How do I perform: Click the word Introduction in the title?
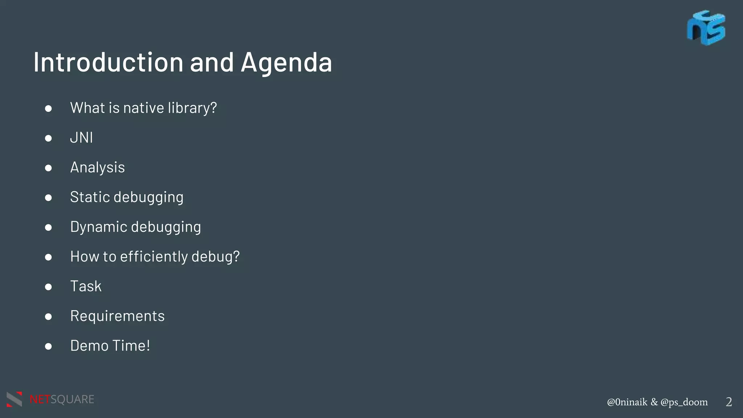click(x=108, y=62)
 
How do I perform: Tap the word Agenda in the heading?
click(x=286, y=63)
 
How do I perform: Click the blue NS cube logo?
click(x=706, y=28)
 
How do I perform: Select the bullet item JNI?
click(x=81, y=138)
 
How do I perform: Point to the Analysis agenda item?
click(x=97, y=168)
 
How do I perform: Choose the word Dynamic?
click(x=98, y=227)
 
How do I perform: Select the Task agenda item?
click(x=86, y=286)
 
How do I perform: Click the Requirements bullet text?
click(x=117, y=316)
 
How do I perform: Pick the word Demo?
click(x=89, y=346)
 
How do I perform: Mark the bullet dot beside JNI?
click(x=48, y=138)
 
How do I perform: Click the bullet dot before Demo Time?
click(x=48, y=347)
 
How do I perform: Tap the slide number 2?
click(x=728, y=402)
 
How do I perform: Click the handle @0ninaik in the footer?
click(x=627, y=402)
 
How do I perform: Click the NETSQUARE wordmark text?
click(x=62, y=399)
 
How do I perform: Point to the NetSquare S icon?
click(x=15, y=399)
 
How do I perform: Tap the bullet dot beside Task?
click(x=48, y=287)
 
